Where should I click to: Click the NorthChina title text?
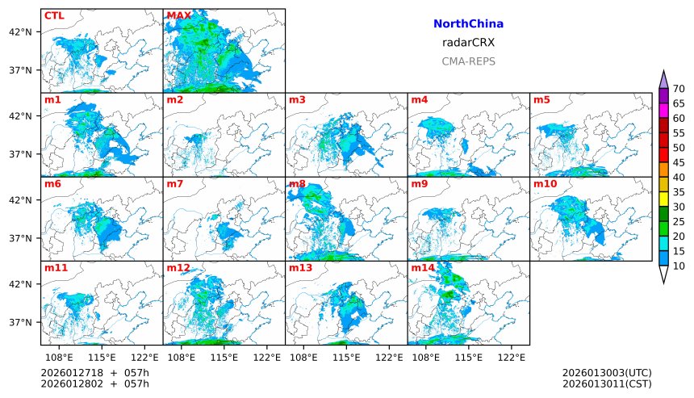468,24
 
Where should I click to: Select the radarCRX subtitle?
468,43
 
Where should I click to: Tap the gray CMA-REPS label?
468,61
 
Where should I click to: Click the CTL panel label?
54,15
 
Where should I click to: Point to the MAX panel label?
178,15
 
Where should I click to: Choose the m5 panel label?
541,99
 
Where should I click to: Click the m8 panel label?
296,183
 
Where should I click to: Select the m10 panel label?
545,183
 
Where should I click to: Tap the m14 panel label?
422,267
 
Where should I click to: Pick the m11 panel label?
56,267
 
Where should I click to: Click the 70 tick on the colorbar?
679,89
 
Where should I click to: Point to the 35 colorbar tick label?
679,192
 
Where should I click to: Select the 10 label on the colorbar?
679,266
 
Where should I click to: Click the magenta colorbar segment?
663,111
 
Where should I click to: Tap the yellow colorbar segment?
663,199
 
